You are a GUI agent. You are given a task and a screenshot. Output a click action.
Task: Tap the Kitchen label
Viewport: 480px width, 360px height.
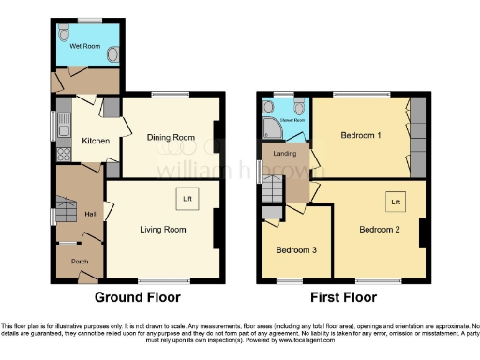click(x=96, y=142)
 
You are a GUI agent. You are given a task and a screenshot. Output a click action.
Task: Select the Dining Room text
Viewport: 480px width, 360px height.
click(x=171, y=138)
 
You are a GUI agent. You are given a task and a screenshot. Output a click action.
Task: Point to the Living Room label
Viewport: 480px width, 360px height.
click(x=161, y=228)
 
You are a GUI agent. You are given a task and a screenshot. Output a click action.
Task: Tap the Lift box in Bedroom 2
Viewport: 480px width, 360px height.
click(x=395, y=202)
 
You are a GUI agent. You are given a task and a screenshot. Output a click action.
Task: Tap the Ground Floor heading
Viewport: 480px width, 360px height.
click(x=138, y=297)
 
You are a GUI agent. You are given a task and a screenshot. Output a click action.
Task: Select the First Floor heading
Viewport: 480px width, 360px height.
click(x=345, y=297)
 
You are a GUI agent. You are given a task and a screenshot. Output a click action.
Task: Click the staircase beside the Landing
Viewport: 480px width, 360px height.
click(x=272, y=192)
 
